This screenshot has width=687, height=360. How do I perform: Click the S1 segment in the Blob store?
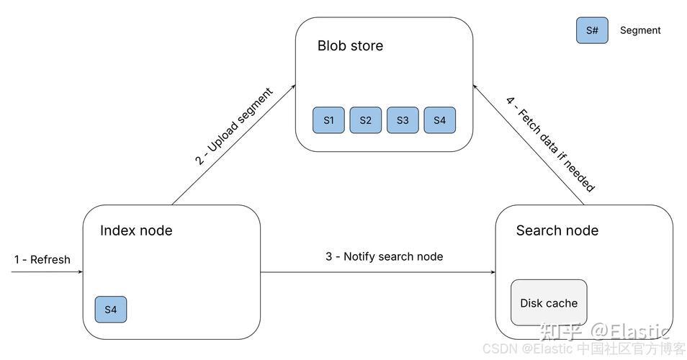[x=328, y=120]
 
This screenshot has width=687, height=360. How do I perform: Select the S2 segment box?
[x=365, y=120]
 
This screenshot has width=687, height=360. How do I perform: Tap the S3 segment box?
[x=403, y=120]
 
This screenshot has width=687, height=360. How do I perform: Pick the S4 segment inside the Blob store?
[x=440, y=120]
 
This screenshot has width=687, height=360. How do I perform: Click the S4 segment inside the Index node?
[x=111, y=310]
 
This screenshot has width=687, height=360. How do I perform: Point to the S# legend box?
[x=592, y=30]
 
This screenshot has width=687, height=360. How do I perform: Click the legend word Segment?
[x=640, y=30]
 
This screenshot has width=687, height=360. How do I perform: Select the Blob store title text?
[x=350, y=45]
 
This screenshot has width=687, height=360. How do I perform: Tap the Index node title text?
[x=136, y=230]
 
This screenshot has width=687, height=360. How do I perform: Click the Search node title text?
[x=557, y=230]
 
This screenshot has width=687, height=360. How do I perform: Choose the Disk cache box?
[x=549, y=302]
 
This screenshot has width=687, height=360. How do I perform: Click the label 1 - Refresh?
[x=42, y=260]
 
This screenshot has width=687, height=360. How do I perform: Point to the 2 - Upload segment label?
[x=234, y=126]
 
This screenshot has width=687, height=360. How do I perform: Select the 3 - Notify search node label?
[x=385, y=256]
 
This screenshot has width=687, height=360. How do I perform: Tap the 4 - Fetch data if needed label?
[x=551, y=145]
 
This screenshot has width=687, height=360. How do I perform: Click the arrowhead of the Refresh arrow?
[x=81, y=272]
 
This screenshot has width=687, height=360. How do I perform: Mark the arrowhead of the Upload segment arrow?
[x=294, y=86]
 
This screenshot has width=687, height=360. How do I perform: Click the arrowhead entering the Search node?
[x=493, y=272]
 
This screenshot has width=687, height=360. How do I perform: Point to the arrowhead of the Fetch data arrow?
[x=475, y=86]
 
